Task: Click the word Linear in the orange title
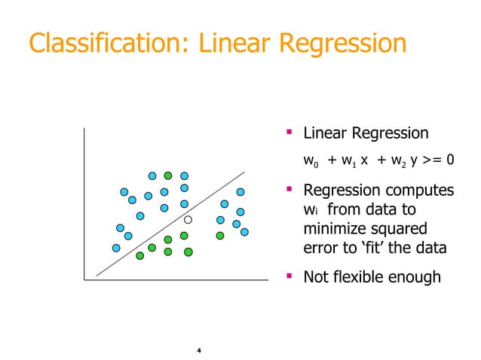237,43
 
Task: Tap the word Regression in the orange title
343,43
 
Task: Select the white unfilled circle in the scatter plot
188,219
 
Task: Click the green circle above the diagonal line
168,175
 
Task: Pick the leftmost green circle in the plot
139,255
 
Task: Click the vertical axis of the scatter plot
84,203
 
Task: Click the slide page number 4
198,351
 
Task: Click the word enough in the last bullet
416,277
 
